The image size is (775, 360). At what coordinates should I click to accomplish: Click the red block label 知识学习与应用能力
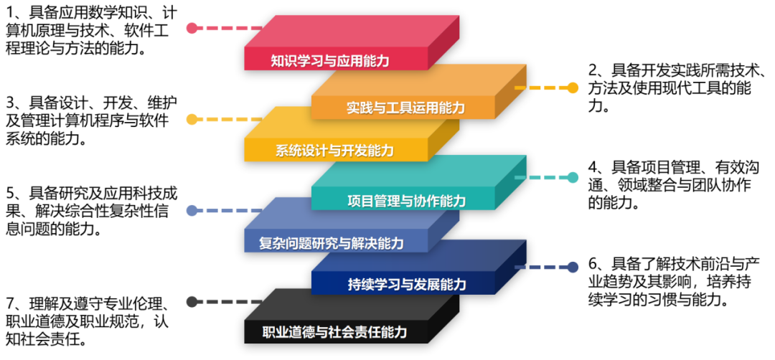(330, 61)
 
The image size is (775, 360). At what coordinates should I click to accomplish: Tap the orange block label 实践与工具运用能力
(405, 107)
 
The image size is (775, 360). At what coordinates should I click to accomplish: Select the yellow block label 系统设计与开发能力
(334, 150)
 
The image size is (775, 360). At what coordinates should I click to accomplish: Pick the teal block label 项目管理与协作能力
(406, 201)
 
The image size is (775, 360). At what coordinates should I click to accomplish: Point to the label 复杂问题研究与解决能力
(331, 243)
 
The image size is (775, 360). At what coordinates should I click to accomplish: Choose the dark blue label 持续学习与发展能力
(406, 285)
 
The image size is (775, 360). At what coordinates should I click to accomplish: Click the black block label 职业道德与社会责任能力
(334, 332)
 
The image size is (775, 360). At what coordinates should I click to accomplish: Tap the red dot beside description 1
(192, 28)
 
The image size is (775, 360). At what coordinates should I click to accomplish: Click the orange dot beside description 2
(573, 88)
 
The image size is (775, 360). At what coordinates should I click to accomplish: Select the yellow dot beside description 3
(192, 119)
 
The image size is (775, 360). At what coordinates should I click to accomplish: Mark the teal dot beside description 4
(573, 177)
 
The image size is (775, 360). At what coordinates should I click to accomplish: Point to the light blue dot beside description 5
(192, 211)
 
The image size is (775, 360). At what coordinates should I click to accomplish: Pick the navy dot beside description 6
(573, 267)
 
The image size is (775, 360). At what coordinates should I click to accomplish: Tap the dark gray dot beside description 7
(192, 301)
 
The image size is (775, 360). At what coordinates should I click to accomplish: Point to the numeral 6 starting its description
(592, 262)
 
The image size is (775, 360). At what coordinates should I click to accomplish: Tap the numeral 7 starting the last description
(10, 302)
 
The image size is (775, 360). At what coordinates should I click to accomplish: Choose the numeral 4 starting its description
(592, 167)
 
